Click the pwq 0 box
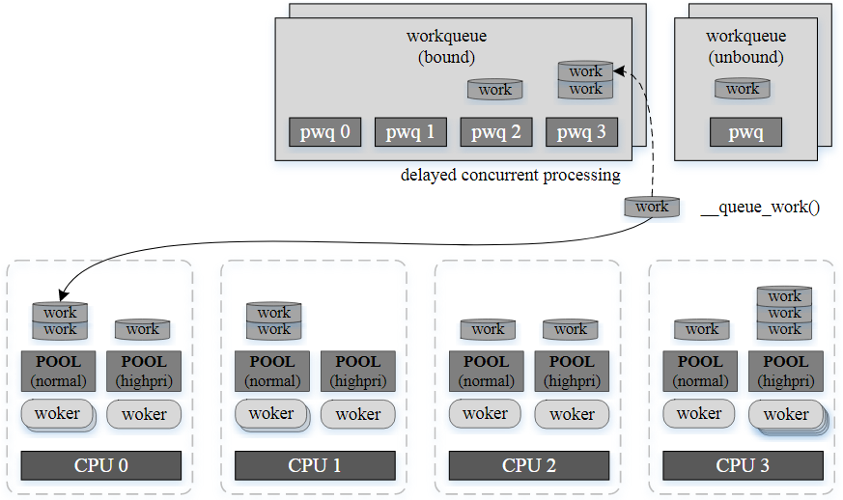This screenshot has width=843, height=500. click(325, 132)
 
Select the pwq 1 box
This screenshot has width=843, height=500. click(410, 132)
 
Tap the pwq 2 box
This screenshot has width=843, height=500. click(495, 132)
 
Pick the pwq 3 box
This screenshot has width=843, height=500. click(581, 132)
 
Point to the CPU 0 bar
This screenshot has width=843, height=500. click(101, 465)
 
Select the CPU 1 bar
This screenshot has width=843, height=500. click(315, 465)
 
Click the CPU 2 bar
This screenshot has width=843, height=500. click(528, 465)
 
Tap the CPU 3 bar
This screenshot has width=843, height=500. click(742, 465)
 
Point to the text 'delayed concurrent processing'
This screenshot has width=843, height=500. click(510, 176)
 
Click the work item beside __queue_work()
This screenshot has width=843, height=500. click(652, 207)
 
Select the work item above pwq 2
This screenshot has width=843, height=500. click(495, 90)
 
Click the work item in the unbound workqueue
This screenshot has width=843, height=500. click(743, 89)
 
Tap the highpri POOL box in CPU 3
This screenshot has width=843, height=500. click(785, 372)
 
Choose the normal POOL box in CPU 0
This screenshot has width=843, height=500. click(59, 372)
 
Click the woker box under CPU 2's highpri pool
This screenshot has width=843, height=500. click(572, 414)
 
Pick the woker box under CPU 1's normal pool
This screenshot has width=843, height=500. click(271, 414)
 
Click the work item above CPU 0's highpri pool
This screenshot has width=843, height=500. click(143, 329)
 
